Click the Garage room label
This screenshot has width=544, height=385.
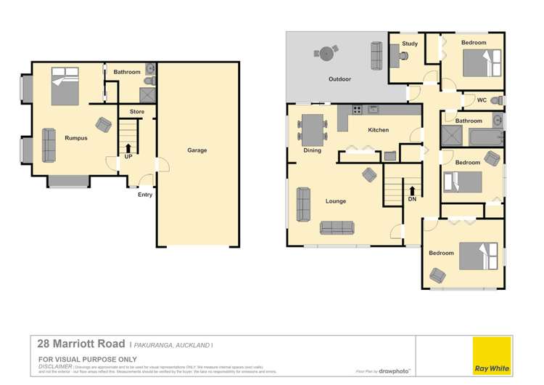tap(197, 150)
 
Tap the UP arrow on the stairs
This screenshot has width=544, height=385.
tap(128, 148)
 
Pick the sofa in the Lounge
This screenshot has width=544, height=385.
tap(337, 227)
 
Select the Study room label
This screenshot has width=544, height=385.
tap(410, 44)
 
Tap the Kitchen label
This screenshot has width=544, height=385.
tap(379, 130)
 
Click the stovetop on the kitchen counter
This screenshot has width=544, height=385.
tap(357, 110)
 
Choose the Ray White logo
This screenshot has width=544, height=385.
tap(491, 356)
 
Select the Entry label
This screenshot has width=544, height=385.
tap(145, 194)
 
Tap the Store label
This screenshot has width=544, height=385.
tap(137, 112)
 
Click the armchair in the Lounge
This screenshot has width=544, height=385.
tap(370, 174)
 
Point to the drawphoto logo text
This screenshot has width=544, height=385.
tap(395, 371)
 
